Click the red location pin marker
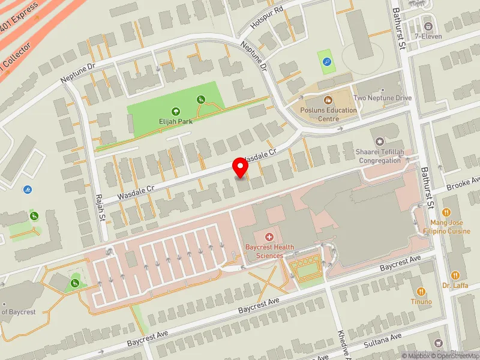241,167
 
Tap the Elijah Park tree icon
175,111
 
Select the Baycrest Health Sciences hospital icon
269,238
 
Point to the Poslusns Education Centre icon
328,100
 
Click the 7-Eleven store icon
428,26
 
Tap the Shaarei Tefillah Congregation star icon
379,142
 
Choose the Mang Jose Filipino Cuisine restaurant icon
446,212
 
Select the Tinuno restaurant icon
421,291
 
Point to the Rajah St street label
100,208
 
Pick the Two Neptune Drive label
383,98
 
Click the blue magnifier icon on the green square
326,61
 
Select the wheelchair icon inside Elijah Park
201,100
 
